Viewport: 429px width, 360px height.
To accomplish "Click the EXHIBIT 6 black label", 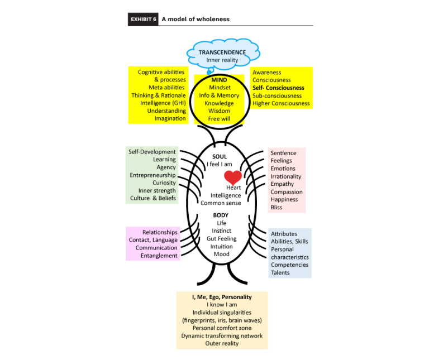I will tap(143, 19).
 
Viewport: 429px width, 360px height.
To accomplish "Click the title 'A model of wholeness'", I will tap(196, 19).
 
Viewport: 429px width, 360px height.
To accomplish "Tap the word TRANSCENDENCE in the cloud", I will tap(222, 52).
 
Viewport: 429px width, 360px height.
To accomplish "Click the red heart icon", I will tap(233, 178).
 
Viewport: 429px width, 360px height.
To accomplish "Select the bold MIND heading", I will tap(219, 80).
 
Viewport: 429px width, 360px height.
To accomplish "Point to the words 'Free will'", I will tap(219, 118).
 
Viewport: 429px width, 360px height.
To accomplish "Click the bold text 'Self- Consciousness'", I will tap(278, 88).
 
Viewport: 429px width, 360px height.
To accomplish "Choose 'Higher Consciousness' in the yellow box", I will tap(281, 103).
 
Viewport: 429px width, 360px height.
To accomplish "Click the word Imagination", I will tap(170, 118).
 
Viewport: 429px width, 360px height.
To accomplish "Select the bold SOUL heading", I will tap(220, 157).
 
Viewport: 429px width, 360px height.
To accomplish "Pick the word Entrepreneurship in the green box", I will tap(153, 175).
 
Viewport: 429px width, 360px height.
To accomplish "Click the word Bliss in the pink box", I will tap(277, 208).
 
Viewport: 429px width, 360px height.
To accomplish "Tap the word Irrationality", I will tap(286, 176).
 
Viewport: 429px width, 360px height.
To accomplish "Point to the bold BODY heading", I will tap(221, 215).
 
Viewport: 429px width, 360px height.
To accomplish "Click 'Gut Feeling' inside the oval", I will tap(221, 238).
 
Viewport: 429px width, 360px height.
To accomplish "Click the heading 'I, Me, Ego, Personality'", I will tap(222, 297).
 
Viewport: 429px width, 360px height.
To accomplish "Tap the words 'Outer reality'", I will tap(222, 343).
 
